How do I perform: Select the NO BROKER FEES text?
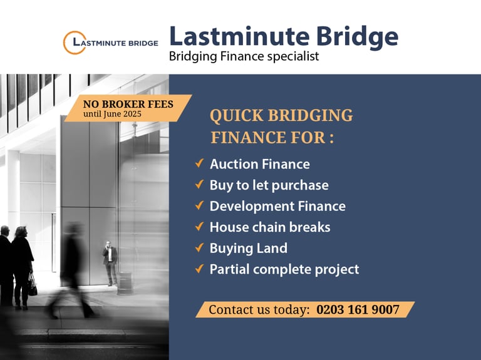click(128, 105)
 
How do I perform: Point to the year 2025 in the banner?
click(132, 114)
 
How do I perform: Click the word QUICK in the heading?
click(237, 116)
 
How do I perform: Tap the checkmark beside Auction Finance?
click(199, 163)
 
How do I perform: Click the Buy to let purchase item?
click(269, 185)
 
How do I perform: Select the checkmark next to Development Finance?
click(199, 205)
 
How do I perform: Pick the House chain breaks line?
click(270, 227)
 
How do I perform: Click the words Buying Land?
click(249, 249)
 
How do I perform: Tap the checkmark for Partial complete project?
click(199, 269)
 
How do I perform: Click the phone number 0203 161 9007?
click(358, 309)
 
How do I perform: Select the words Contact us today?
click(259, 310)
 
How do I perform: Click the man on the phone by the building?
click(110, 263)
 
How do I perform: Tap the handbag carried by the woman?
click(33, 285)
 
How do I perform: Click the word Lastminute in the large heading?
click(239, 36)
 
